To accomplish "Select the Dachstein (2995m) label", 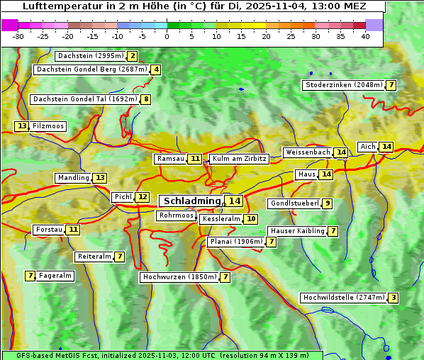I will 90,56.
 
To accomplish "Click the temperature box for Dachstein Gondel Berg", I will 156,69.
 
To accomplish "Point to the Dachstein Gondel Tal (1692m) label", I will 84,99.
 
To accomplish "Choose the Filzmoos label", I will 48,126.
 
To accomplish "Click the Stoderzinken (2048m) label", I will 343,85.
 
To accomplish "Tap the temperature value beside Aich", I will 386,147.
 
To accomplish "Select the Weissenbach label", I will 308,152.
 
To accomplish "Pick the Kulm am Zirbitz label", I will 239,159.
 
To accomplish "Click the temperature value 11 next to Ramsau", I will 195,159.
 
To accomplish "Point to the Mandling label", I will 73,178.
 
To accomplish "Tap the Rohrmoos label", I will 177,215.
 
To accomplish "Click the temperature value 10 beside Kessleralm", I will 251,220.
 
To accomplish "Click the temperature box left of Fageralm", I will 30,276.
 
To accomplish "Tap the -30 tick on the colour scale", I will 18,36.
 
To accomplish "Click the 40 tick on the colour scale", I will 365,36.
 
